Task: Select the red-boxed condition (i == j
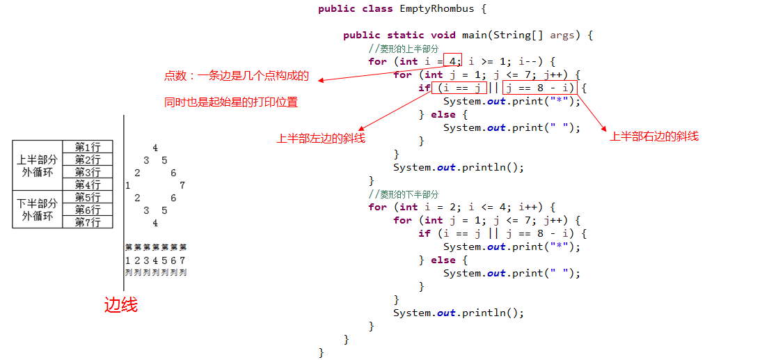459,88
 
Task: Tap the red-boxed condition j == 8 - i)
540,88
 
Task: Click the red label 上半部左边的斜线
321,139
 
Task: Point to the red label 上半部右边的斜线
653,136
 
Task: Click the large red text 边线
121,305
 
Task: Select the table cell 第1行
88,147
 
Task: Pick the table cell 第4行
88,185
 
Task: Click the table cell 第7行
88,222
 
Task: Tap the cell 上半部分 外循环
38,166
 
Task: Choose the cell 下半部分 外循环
38,210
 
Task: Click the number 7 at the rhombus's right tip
182,185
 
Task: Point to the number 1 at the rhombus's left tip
128,185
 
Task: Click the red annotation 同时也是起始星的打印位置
231,102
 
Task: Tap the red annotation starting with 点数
236,76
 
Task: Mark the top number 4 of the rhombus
154,148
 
